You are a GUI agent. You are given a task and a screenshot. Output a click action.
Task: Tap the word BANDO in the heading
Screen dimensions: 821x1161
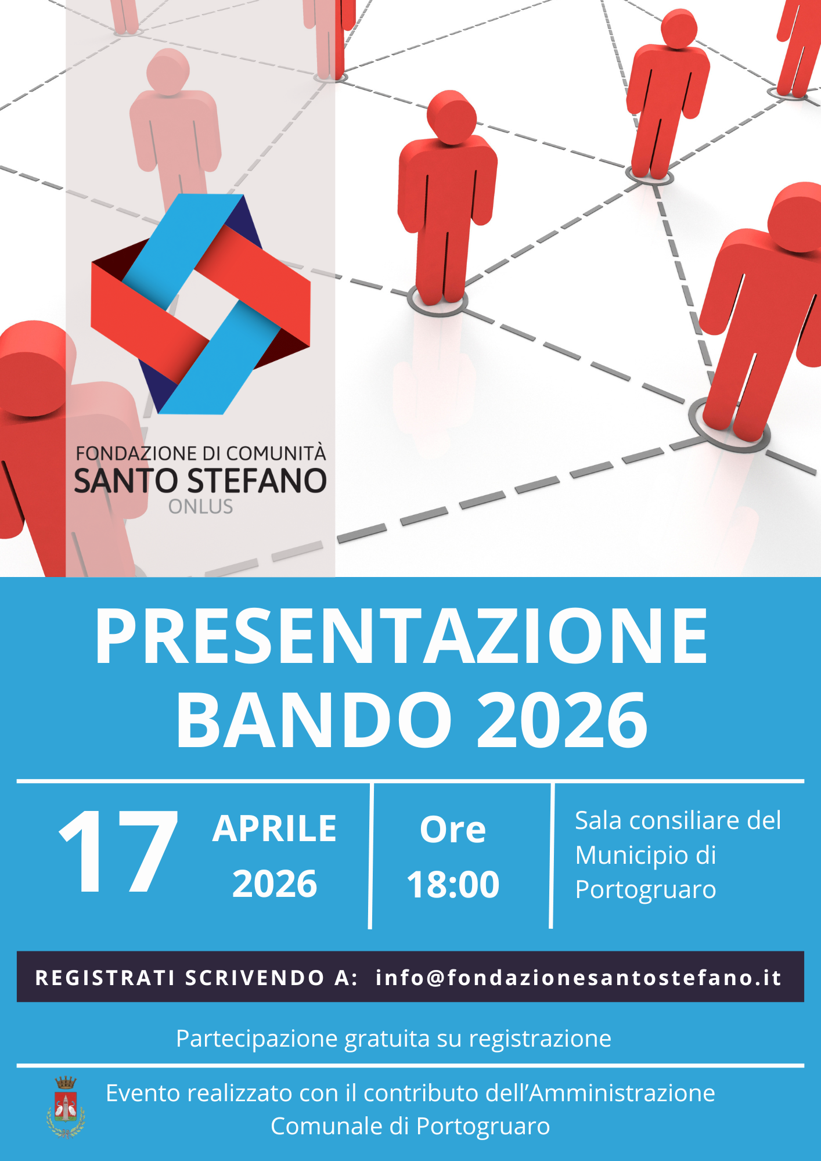(314, 720)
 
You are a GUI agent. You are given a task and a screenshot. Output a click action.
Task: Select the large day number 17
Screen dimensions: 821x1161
(119, 851)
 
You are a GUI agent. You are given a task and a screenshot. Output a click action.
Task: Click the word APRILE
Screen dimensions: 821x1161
(275, 828)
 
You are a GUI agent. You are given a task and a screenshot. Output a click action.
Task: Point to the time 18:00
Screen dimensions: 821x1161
(453, 884)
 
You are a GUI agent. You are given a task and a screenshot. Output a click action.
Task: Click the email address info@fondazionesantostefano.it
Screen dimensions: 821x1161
(578, 978)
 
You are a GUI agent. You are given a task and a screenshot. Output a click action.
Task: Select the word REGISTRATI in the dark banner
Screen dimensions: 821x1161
(105, 978)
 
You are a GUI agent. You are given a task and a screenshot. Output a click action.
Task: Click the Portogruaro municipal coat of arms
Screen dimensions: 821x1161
(66, 1107)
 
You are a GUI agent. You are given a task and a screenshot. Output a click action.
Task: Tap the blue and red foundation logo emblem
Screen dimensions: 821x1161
(200, 304)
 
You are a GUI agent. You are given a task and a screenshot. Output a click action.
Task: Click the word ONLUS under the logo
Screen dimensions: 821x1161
(200, 507)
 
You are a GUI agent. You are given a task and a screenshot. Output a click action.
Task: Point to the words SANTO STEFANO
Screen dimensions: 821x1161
(200, 481)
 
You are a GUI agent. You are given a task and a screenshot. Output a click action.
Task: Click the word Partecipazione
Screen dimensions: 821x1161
(257, 1039)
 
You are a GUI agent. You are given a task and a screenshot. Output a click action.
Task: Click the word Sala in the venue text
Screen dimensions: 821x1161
(599, 821)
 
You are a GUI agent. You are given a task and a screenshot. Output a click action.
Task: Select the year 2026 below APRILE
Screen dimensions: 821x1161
(275, 884)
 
